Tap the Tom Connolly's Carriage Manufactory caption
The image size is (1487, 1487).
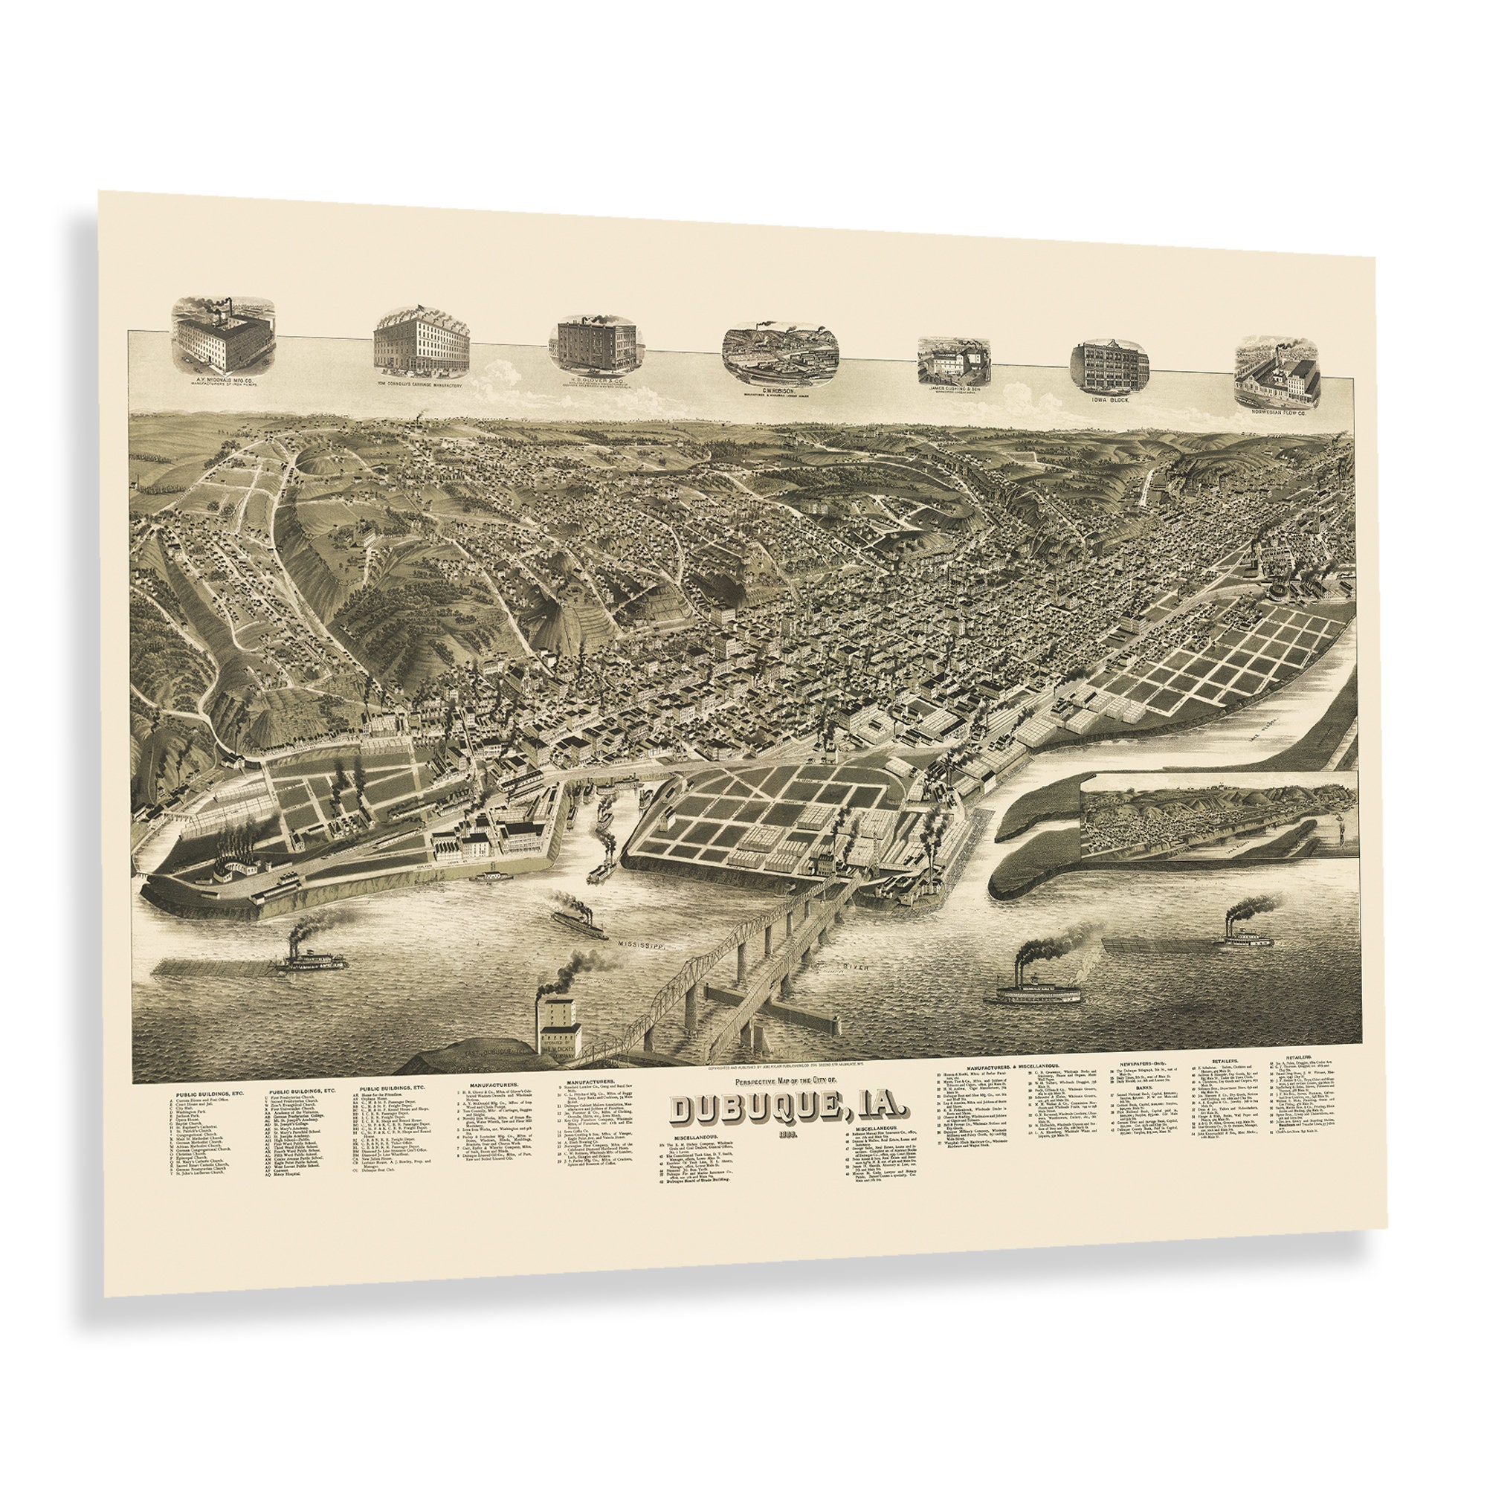click(419, 384)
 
